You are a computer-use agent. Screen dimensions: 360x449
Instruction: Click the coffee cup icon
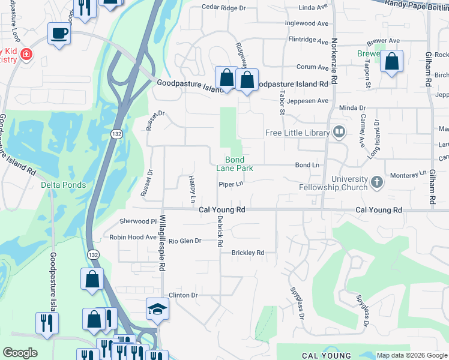59,34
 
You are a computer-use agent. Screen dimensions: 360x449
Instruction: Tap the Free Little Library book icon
339,132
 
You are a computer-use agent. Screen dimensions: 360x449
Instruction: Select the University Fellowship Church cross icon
376,182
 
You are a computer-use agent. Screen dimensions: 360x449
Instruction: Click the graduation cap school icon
157,309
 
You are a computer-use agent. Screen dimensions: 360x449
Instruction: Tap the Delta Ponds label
64,185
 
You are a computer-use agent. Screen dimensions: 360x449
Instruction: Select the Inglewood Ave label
307,23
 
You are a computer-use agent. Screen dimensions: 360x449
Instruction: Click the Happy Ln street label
192,188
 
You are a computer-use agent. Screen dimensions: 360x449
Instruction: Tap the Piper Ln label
231,184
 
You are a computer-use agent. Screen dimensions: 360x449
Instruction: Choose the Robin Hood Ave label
133,237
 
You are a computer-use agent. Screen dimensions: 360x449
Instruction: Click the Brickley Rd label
248,253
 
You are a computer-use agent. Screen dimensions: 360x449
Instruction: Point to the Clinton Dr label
183,295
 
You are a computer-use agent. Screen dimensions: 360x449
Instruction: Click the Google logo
20,353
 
